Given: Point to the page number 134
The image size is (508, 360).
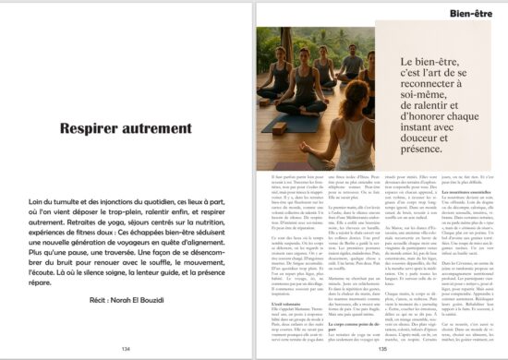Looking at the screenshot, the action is pos(126,348).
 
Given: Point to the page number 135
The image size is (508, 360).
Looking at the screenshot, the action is pos(381,348).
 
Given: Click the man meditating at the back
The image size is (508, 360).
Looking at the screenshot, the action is pos(351,65).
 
